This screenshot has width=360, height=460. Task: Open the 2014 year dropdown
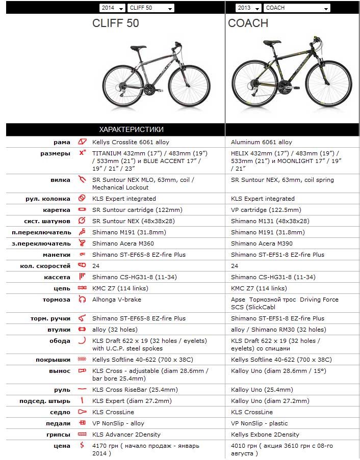tap(112, 8)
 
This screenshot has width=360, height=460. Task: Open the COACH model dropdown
tap(296, 8)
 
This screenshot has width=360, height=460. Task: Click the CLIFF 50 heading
tap(115, 23)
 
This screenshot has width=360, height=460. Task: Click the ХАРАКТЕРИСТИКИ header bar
tap(131, 129)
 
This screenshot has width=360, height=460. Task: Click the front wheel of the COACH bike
tap(329, 83)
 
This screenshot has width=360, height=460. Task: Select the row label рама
tap(62, 142)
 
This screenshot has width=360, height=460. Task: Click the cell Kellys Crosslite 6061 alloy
tap(131, 142)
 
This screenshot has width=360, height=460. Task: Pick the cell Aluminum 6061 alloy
tap(261, 142)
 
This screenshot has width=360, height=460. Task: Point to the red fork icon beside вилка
tap(82, 179)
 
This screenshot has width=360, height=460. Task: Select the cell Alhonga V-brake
tap(117, 300)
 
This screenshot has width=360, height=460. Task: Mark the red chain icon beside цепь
tap(82, 288)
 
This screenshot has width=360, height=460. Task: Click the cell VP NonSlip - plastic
tap(259, 423)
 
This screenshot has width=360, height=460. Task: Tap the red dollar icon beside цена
tap(82, 446)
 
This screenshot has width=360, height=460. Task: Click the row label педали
tap(58, 423)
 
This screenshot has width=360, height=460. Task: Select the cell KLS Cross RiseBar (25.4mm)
tap(135, 390)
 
